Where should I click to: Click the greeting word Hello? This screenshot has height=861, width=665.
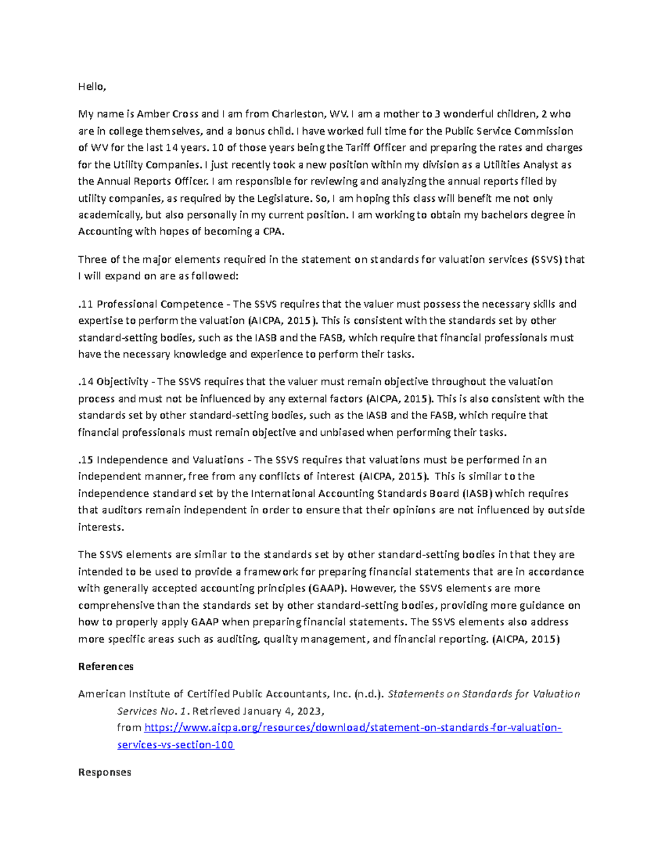tap(91, 86)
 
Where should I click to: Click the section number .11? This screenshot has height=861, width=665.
tap(86, 304)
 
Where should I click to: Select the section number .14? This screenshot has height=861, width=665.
tap(86, 381)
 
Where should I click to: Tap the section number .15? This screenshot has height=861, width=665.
tap(86, 460)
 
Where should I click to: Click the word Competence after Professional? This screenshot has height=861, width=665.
tap(191, 304)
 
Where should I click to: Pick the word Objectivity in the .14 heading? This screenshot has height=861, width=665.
tap(122, 381)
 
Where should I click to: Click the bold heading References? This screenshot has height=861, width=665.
tap(106, 666)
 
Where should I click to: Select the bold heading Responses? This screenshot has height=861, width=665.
tap(105, 772)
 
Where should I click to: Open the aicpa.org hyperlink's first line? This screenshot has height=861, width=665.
tap(353, 727)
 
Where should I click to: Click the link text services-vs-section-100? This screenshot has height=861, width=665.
tap(176, 745)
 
